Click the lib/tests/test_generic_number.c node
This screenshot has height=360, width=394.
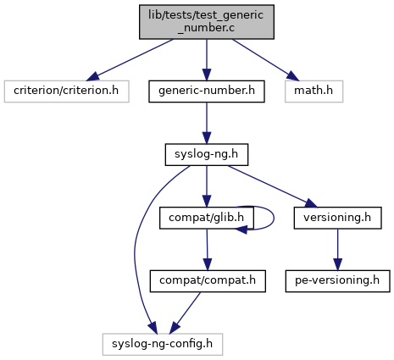click(x=207, y=22)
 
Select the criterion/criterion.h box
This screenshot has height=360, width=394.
click(x=67, y=91)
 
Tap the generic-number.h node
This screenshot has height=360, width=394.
click(x=207, y=91)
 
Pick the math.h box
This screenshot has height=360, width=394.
click(x=314, y=91)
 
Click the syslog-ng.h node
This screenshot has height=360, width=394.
click(x=207, y=154)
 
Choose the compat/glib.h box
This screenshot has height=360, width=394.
click(x=207, y=218)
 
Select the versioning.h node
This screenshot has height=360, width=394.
click(x=337, y=218)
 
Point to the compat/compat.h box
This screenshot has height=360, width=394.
click(x=208, y=281)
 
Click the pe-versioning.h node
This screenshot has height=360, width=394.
click(x=337, y=281)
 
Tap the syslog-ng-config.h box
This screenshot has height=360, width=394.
click(x=163, y=344)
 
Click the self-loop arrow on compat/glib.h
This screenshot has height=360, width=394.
click(x=274, y=218)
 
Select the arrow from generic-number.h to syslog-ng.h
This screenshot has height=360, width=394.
click(x=207, y=123)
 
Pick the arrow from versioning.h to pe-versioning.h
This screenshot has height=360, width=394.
click(x=337, y=250)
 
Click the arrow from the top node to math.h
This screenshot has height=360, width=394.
click(x=265, y=60)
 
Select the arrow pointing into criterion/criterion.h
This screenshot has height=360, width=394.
click(x=130, y=60)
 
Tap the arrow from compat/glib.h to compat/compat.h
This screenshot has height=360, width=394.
click(x=207, y=250)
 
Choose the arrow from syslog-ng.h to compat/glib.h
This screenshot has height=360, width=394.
click(x=207, y=186)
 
